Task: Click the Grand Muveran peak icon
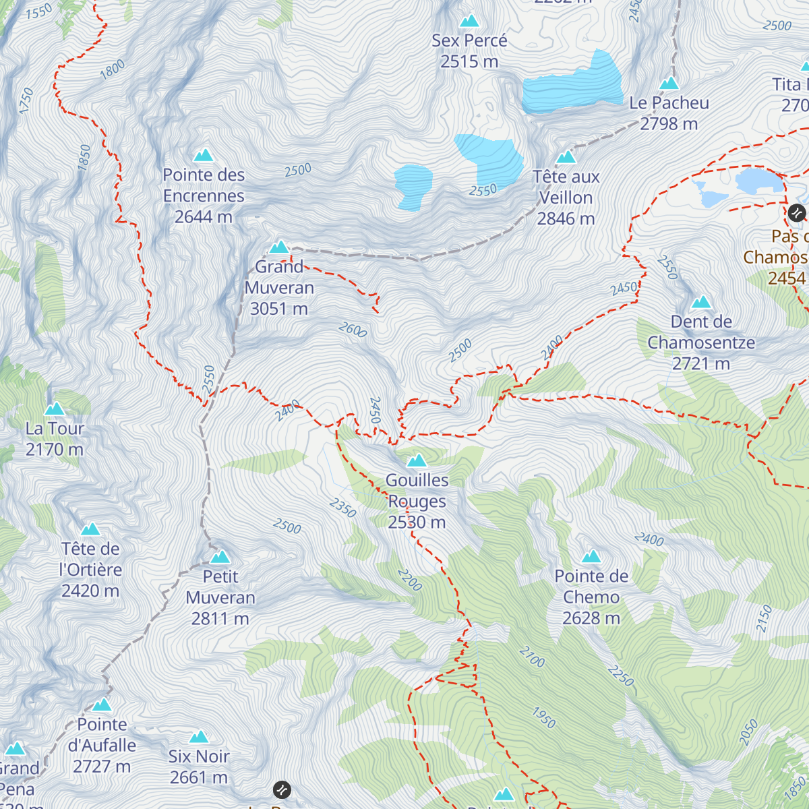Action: (x=279, y=247)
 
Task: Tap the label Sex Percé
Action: (x=469, y=40)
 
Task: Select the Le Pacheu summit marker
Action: (x=669, y=84)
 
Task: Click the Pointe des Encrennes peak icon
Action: (x=204, y=156)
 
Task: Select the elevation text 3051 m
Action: (x=278, y=309)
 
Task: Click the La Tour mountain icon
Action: (x=54, y=409)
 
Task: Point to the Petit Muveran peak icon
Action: (x=220, y=558)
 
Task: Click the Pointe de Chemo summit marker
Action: (x=591, y=557)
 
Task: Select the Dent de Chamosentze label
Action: (x=701, y=332)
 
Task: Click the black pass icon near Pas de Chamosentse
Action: (x=796, y=213)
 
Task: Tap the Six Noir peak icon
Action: (x=199, y=737)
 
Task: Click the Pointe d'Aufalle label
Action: (x=102, y=735)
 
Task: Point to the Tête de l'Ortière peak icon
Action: (x=90, y=529)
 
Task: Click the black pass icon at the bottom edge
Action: (x=282, y=789)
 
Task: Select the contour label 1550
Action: (x=38, y=11)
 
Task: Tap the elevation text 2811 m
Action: (x=220, y=619)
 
